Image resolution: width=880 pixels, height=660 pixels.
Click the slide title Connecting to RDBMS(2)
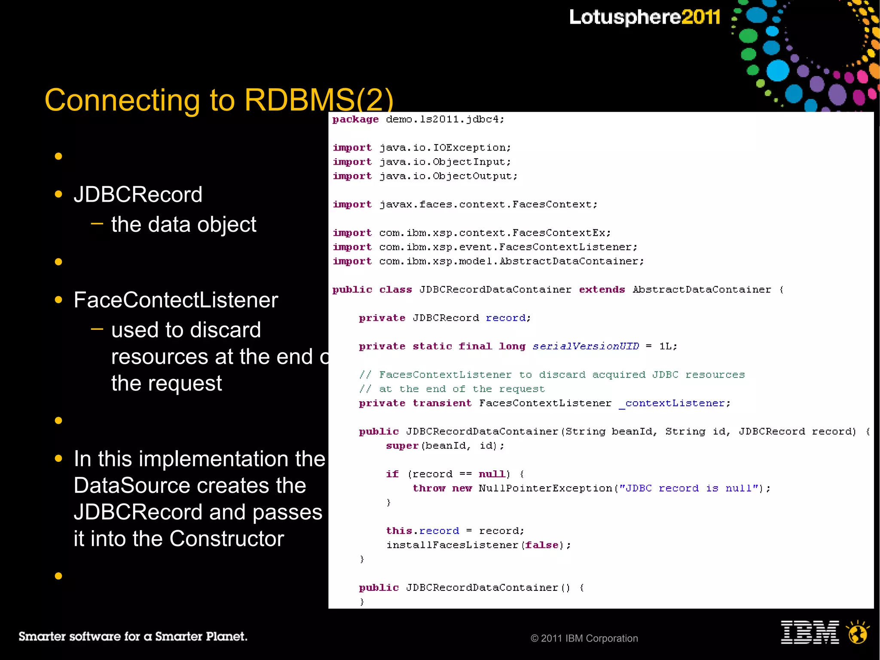(x=219, y=100)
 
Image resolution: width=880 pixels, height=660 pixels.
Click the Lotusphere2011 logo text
(x=644, y=17)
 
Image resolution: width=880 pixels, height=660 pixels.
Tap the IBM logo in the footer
(x=810, y=632)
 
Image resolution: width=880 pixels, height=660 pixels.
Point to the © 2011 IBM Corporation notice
(x=584, y=639)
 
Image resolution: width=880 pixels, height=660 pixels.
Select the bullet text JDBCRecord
(x=138, y=194)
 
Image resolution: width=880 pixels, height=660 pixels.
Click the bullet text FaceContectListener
(x=176, y=300)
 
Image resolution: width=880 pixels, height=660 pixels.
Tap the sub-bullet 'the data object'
(x=183, y=224)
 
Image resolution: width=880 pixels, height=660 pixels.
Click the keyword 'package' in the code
(x=355, y=119)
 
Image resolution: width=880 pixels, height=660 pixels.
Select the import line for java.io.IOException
(x=422, y=147)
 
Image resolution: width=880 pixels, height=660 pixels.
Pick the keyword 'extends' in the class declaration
(x=602, y=289)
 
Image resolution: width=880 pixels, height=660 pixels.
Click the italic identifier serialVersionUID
(x=586, y=346)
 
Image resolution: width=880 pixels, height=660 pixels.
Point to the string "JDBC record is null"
(x=688, y=488)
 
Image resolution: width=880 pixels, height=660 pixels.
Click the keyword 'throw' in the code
(x=429, y=488)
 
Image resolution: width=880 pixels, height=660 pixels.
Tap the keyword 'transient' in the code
(x=442, y=403)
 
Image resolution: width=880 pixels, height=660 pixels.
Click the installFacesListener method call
(x=452, y=545)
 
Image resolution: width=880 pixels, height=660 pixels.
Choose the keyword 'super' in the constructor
(x=402, y=445)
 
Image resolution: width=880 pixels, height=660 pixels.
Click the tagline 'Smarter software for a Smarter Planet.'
(x=133, y=636)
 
